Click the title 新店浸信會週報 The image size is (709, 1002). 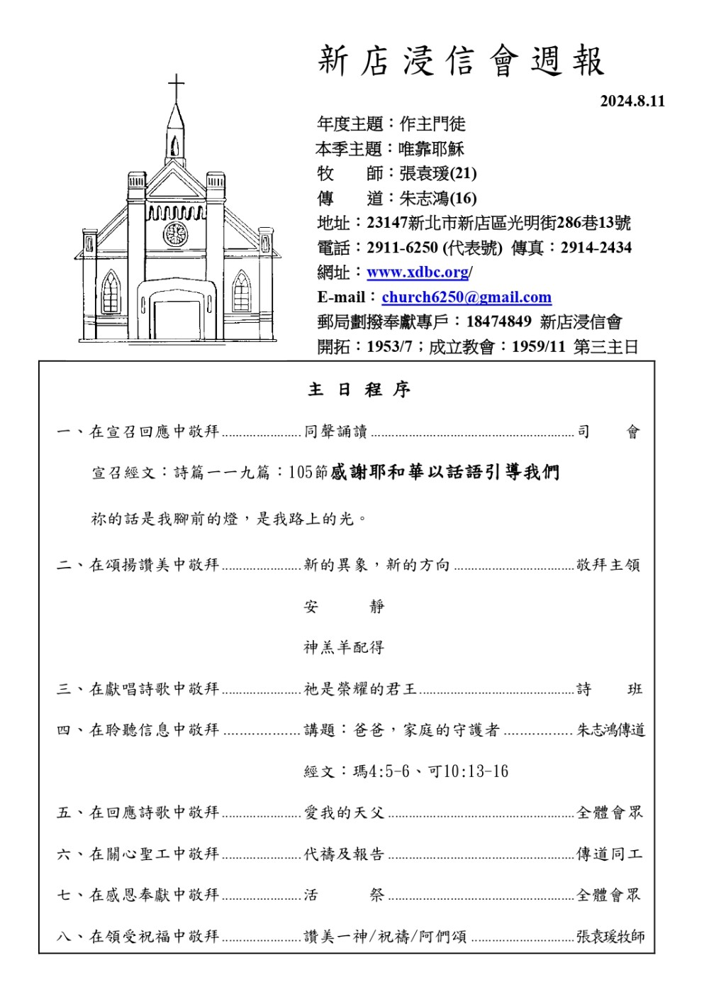[x=461, y=61]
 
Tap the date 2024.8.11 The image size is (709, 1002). [x=632, y=101]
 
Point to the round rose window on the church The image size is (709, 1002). [x=175, y=233]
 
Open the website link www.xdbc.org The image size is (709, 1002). [x=418, y=272]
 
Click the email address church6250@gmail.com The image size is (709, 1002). [x=467, y=297]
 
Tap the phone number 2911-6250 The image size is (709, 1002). [x=402, y=248]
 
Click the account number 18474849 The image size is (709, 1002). [x=498, y=321]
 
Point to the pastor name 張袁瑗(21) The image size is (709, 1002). [x=438, y=173]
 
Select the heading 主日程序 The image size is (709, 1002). [x=359, y=390]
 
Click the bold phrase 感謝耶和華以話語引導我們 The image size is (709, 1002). [x=445, y=473]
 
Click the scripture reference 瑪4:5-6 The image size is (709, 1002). [x=381, y=771]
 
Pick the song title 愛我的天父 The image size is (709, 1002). [x=344, y=813]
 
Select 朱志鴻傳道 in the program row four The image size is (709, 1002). [x=610, y=730]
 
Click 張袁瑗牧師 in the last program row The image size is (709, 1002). [x=610, y=937]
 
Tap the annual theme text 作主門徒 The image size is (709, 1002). [x=432, y=124]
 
